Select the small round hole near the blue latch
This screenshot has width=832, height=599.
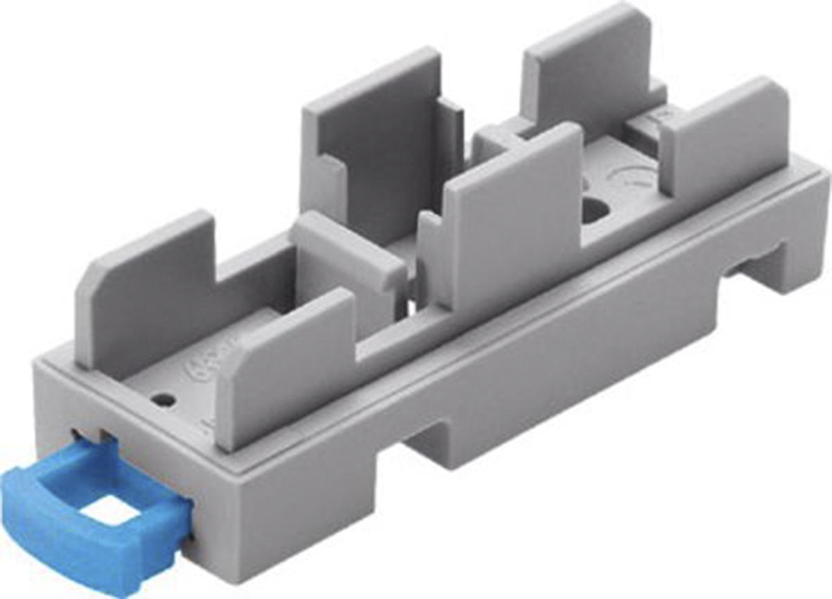point(164,400)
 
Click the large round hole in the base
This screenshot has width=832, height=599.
point(593,209)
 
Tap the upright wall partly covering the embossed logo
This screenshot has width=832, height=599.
point(284,367)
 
